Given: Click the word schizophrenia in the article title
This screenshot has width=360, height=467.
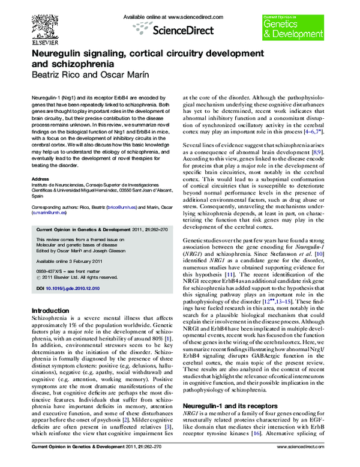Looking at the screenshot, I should [81, 63].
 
